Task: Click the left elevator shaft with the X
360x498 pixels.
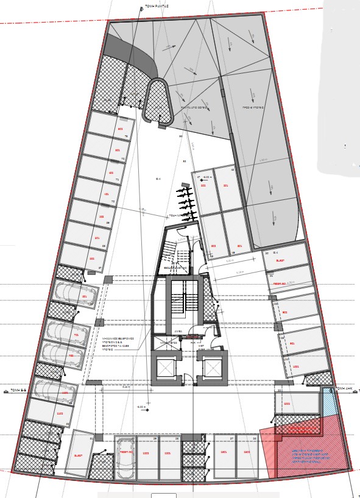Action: (x=166, y=368)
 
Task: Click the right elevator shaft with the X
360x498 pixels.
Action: (x=213, y=368)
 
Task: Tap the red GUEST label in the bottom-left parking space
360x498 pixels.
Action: (x=78, y=455)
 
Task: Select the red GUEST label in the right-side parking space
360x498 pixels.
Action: (x=280, y=260)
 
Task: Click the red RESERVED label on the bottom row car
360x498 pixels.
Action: (x=126, y=452)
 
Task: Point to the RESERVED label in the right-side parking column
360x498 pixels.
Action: (x=279, y=284)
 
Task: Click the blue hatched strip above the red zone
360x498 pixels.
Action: (x=329, y=403)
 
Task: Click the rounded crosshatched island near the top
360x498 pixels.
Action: (x=157, y=101)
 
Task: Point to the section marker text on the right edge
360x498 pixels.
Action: (x=344, y=388)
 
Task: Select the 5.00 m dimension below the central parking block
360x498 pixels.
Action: (x=230, y=260)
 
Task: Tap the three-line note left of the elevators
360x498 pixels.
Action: (x=118, y=344)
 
